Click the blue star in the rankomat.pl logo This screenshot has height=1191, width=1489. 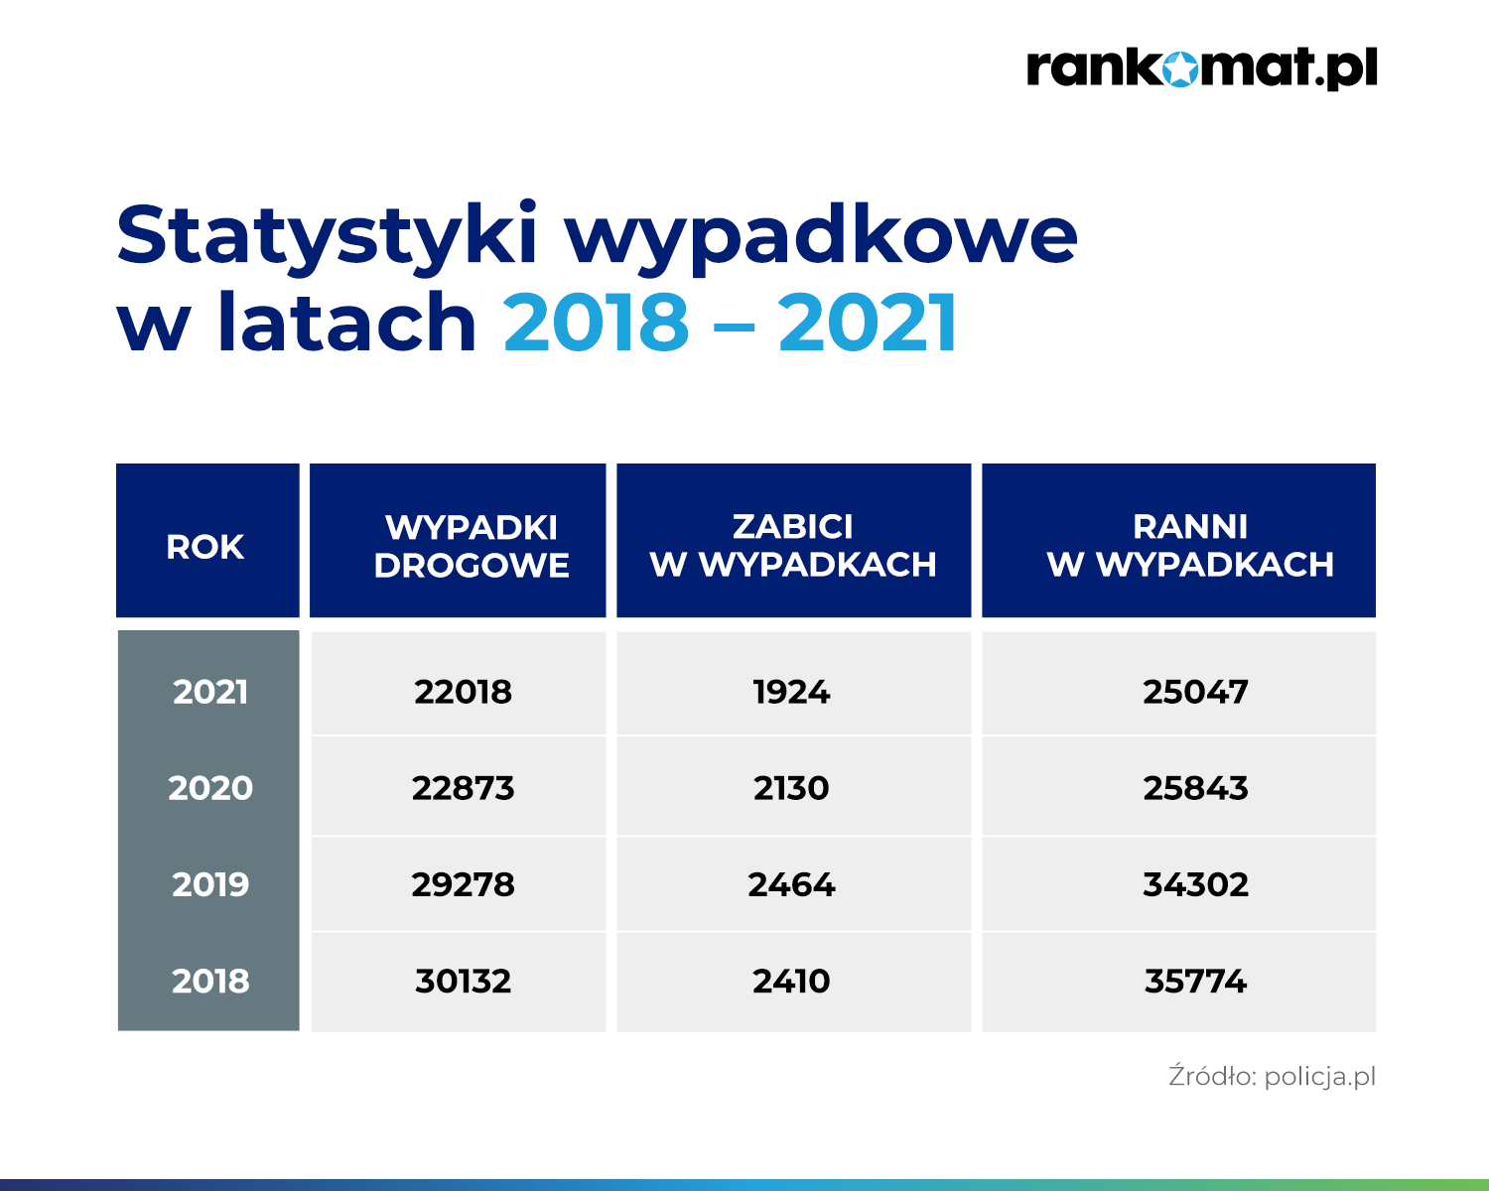1179,69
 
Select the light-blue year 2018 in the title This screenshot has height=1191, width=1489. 596,322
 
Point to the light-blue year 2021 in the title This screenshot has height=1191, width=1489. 868,322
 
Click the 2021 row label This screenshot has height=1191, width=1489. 210,692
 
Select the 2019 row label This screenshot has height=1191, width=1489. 210,883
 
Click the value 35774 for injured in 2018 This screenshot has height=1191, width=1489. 1195,981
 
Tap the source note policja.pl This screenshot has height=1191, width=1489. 1320,1077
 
